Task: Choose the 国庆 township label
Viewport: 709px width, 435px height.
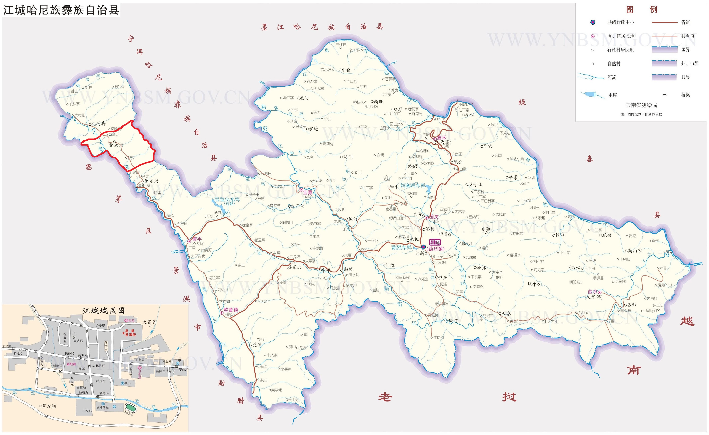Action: pyautogui.click(x=434, y=217)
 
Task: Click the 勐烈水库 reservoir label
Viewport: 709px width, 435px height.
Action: pyautogui.click(x=402, y=247)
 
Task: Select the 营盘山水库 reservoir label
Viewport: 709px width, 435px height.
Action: pyautogui.click(x=227, y=199)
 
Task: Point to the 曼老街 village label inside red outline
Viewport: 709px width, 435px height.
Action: pyautogui.click(x=116, y=145)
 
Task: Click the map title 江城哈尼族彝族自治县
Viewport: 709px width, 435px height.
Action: pyautogui.click(x=61, y=10)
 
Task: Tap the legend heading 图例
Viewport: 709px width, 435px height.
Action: pyautogui.click(x=641, y=10)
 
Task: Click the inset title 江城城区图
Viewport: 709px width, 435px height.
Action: pyautogui.click(x=104, y=311)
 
